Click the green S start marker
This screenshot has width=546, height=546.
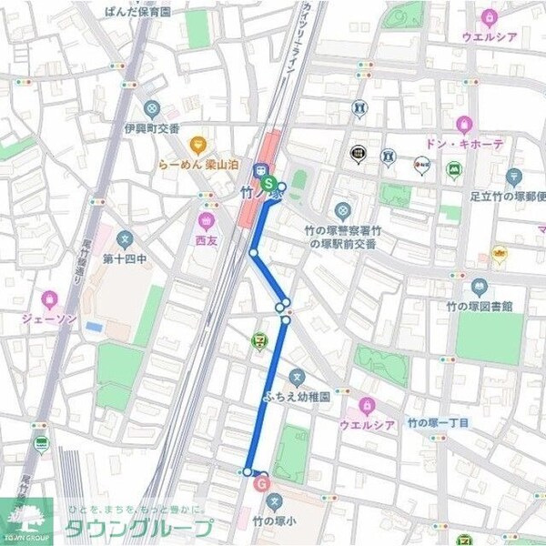click(x=268, y=182)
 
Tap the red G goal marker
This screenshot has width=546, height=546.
click(x=263, y=483)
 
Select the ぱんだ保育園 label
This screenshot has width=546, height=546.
click(x=138, y=12)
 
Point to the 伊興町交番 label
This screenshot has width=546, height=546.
click(x=152, y=128)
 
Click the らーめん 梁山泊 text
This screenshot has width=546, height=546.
click(x=198, y=167)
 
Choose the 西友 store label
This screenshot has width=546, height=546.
click(x=207, y=241)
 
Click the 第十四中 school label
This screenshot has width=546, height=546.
click(x=125, y=258)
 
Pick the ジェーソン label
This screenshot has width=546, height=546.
click(x=47, y=318)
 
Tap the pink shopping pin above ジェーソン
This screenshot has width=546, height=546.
click(x=48, y=298)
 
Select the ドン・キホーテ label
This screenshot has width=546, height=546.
click(x=463, y=144)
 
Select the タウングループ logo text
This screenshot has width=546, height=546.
click(x=136, y=529)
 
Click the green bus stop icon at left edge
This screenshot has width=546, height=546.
click(x=41, y=444)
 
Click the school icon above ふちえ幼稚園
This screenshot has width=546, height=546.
click(x=296, y=377)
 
